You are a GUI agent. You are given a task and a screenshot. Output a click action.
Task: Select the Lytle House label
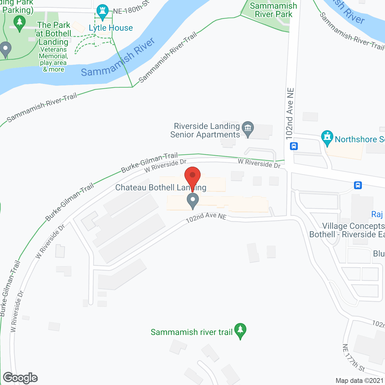click(x=111, y=28)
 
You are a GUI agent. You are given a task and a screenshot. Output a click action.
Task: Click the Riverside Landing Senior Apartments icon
click(x=248, y=129)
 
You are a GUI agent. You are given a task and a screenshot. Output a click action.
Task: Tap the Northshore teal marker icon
click(x=327, y=138)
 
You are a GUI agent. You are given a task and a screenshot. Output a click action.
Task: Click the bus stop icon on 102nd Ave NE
click(x=294, y=146)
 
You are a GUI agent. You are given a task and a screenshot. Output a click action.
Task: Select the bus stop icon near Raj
click(x=358, y=185)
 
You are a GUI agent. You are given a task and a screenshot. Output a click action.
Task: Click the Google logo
click(x=20, y=378)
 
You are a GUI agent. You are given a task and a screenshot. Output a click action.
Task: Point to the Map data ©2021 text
click(x=359, y=380)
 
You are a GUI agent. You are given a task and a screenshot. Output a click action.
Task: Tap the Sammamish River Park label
click(x=273, y=10)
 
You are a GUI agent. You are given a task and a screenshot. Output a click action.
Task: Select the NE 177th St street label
click(x=353, y=358)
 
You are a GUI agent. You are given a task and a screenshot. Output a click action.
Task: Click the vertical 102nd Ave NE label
click(x=290, y=114)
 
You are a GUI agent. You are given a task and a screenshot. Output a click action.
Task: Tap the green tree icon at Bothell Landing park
click(x=20, y=23)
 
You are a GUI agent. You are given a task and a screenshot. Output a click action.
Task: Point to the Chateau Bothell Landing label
click(x=161, y=188)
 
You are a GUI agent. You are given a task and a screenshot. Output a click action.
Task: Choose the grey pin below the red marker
click(x=192, y=201)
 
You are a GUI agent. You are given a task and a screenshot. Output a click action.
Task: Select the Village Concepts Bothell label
click(x=347, y=230)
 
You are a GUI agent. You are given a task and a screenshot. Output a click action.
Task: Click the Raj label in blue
click(x=377, y=214)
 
